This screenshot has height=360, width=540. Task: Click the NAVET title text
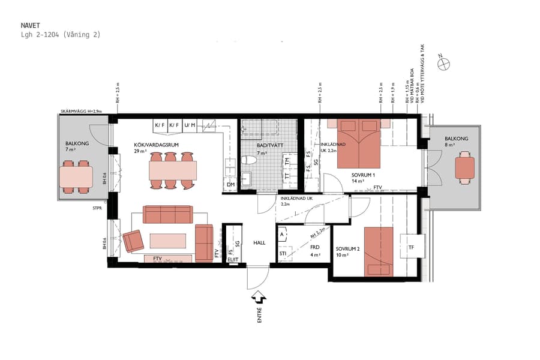pos(30,26)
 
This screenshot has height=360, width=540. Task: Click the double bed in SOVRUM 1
pos(358,144)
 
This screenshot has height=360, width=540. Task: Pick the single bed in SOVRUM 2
pos(378,251)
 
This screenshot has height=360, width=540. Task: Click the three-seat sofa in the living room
pos(167,214)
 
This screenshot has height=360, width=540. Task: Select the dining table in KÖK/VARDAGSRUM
pos(173,171)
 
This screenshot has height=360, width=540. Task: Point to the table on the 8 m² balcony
pos(464,169)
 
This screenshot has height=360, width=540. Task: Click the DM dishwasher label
pos(230,184)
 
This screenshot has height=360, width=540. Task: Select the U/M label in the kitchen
pos(190,125)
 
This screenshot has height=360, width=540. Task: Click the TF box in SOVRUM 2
pos(410,247)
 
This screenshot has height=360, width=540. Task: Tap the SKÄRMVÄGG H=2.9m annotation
pos(81,112)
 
